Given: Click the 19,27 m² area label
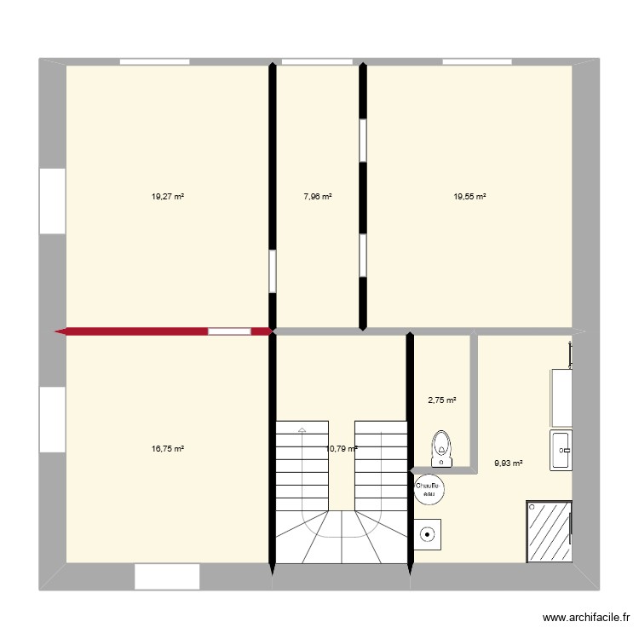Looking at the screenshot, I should point(168,196).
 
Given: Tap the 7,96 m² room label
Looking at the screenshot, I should point(318,196).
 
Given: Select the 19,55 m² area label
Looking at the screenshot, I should point(469,196).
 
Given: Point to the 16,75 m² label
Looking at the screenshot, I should point(168,448).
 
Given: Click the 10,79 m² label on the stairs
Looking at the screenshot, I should point(341,448).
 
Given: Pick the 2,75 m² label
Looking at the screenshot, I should point(441,400).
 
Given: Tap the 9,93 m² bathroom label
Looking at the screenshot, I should point(508,464).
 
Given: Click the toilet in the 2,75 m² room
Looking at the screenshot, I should point(441,449).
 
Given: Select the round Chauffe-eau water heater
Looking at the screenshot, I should point(426,488).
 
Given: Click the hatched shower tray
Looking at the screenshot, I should point(550,531).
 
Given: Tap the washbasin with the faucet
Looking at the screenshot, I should point(561,449).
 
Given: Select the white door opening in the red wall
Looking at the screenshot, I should point(229,331).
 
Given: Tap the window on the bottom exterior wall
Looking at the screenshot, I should point(167,577).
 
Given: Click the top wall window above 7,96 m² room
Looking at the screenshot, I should point(317,61).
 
